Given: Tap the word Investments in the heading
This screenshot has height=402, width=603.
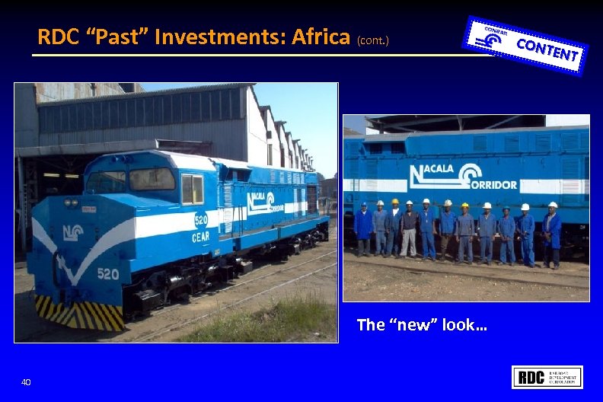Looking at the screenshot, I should tap(209, 36).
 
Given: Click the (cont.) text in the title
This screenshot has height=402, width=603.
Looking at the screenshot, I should tap(372, 39).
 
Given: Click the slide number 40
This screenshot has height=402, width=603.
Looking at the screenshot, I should tap(26, 381).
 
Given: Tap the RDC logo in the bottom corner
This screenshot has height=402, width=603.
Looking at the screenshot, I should tap(547, 377).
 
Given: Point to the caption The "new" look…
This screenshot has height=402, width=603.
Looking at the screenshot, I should tap(422, 325).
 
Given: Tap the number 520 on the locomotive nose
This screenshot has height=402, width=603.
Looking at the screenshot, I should tap(107, 274).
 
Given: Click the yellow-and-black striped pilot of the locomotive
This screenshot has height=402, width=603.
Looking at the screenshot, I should tap(80, 312).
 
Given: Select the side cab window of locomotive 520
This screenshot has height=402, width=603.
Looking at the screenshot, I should tap(192, 188).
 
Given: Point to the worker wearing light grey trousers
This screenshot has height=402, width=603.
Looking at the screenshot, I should tap(410, 231).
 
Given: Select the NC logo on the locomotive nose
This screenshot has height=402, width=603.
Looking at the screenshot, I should tap(73, 232).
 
